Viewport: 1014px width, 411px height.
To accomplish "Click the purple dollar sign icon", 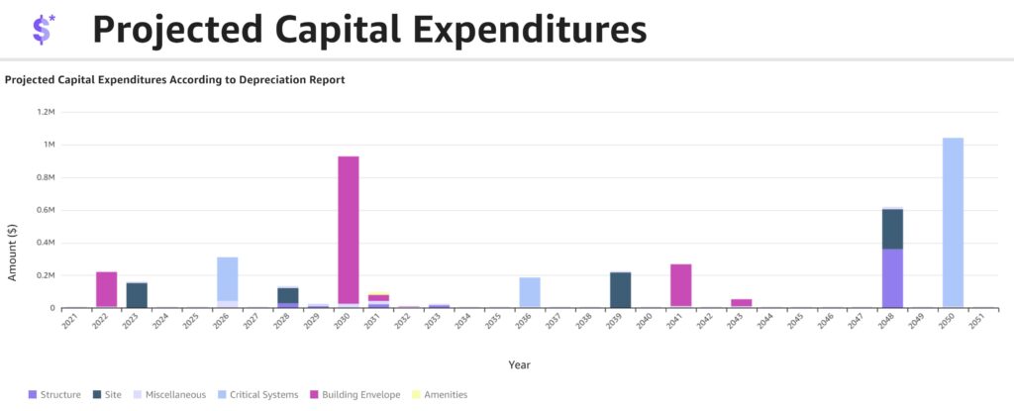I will [x=43, y=30].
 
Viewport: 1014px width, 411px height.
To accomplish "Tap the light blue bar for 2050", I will [x=953, y=223].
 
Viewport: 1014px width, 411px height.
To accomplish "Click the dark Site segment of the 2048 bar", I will [x=892, y=229].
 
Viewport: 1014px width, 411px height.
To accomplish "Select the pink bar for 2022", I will [x=106, y=289].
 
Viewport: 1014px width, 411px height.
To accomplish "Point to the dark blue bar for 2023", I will [x=137, y=295].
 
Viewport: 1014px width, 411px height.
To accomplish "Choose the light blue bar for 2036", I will [x=530, y=292].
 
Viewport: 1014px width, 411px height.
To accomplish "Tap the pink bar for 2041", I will [x=680, y=285].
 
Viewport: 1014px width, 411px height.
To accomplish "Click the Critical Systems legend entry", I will [x=260, y=394].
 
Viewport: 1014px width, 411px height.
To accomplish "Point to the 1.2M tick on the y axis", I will [x=46, y=112].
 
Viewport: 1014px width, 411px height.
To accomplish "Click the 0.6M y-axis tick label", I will [x=46, y=210].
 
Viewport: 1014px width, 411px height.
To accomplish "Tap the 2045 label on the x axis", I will [x=794, y=321].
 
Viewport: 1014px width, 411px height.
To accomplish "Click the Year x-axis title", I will [x=519, y=364].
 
